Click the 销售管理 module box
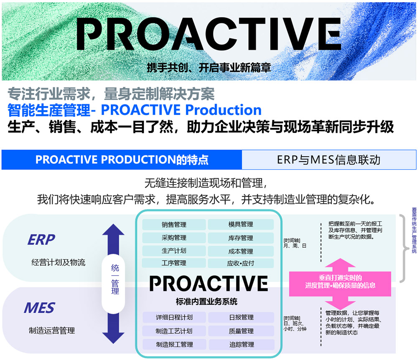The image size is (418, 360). pyautogui.click(x=174, y=224)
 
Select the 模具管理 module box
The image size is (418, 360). pyautogui.click(x=241, y=224)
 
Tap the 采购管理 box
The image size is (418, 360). pyautogui.click(x=174, y=238)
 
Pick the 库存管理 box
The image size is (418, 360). pyautogui.click(x=241, y=238)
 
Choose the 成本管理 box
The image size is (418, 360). pyautogui.click(x=241, y=251)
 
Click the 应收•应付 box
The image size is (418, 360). pyautogui.click(x=241, y=263)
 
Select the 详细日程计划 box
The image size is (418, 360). pyautogui.click(x=174, y=317)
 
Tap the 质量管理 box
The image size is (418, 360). pyautogui.click(x=241, y=331)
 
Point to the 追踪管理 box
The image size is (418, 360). pyautogui.click(x=242, y=345)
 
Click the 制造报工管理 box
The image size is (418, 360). pyautogui.click(x=174, y=345)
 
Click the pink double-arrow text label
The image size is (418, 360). pyautogui.click(x=340, y=282)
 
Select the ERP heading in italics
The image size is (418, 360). pyautogui.click(x=41, y=240)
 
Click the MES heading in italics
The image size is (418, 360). pyautogui.click(x=39, y=308)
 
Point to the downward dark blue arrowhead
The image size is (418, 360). pyautogui.click(x=113, y=337)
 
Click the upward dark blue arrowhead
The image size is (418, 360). pyautogui.click(x=113, y=230)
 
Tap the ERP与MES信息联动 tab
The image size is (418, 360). pyautogui.click(x=329, y=160)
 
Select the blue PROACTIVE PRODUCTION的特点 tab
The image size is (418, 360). pyautogui.click(x=122, y=160)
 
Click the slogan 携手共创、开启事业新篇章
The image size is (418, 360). pyautogui.click(x=209, y=68)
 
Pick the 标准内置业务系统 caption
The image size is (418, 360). pyautogui.click(x=206, y=302)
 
